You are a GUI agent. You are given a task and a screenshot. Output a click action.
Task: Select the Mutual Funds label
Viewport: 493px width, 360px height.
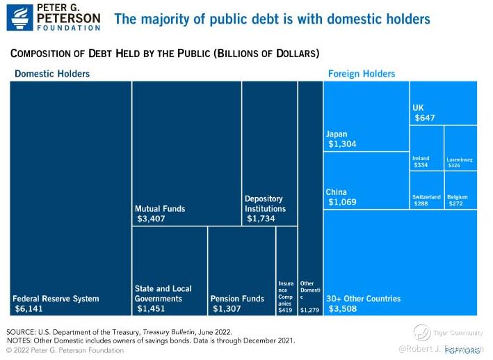tap(160, 208)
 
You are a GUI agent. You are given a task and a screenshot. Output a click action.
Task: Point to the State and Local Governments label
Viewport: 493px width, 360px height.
tap(163, 293)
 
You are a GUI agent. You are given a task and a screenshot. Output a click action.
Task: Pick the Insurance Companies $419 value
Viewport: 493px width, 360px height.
tap(285, 310)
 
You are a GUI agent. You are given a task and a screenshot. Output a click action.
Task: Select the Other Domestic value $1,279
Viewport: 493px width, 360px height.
tap(309, 310)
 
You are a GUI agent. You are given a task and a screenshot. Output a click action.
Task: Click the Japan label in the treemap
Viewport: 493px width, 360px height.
tap(337, 134)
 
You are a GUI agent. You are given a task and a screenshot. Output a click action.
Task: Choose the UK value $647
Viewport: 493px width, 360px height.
tap(425, 118)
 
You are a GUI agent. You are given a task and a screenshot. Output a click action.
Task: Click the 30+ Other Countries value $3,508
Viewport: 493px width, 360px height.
tap(344, 308)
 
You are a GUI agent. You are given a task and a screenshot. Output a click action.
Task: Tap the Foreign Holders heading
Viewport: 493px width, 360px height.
tap(361, 74)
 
